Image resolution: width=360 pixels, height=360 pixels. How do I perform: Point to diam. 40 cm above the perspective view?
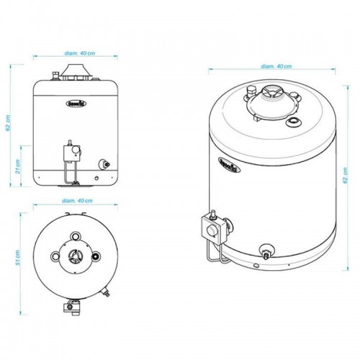pyautogui.click(x=277, y=66)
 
